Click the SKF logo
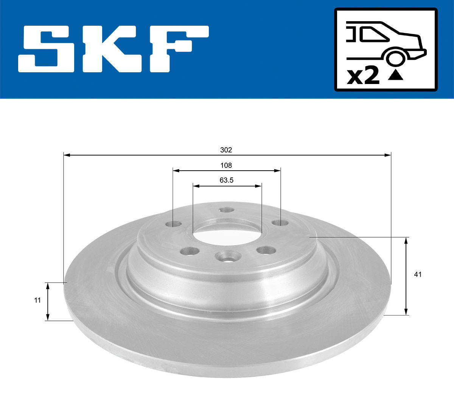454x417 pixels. [x=113, y=49]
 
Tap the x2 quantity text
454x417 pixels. [x=363, y=76]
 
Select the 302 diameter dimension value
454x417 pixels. [x=226, y=150]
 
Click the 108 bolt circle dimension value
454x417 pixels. [x=226, y=165]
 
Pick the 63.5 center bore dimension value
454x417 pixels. [x=226, y=180]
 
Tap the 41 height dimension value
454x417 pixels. [x=417, y=275]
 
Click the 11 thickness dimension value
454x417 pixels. [x=37, y=300]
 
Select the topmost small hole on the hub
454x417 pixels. [x=226, y=210]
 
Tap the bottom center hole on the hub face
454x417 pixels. [x=225, y=257]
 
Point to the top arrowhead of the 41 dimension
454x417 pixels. [x=406, y=240]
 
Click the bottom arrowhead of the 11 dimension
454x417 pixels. [x=48, y=317]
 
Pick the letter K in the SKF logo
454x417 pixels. [x=113, y=49]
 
